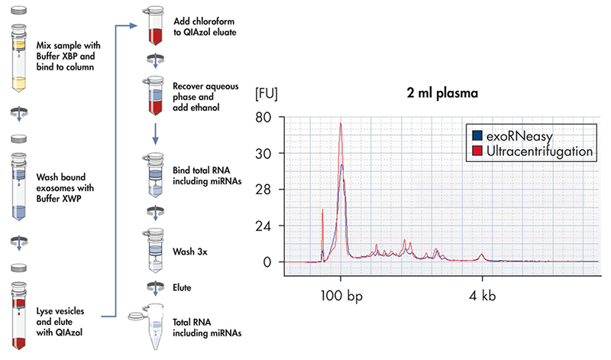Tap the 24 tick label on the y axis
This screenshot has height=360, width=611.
point(265,226)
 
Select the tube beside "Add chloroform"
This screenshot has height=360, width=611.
point(156,28)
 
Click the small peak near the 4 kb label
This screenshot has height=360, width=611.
point(482,255)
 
